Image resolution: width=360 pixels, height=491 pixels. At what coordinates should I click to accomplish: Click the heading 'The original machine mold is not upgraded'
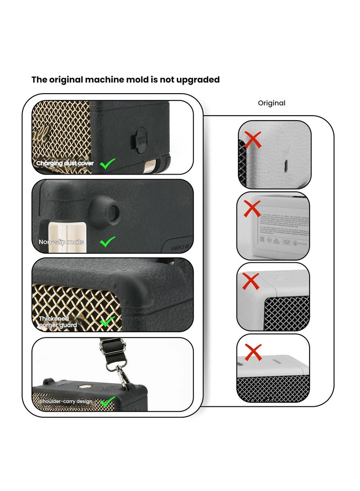tap(125, 80)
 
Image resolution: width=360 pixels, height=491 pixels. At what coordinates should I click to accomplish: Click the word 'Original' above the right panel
tap(271, 103)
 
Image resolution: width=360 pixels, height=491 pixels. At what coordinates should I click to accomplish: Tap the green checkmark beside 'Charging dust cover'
tap(107, 163)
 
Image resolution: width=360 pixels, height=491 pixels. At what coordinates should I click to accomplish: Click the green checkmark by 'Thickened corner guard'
tap(108, 321)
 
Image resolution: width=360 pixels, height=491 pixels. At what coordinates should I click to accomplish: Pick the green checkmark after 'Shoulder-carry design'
tap(107, 401)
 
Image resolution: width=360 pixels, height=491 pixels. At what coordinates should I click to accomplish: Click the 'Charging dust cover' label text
tap(65, 163)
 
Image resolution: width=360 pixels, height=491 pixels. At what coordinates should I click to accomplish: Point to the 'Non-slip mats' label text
tap(61, 242)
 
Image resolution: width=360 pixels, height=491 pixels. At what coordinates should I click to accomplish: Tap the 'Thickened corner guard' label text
tap(58, 321)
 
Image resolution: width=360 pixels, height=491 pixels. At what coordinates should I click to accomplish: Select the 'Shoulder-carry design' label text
tap(66, 401)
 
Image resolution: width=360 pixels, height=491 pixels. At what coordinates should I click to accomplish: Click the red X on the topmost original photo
tap(253, 140)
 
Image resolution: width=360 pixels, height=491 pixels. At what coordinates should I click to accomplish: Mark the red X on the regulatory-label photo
tap(252, 209)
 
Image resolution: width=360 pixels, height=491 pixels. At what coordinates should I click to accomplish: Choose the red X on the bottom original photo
tap(253, 352)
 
